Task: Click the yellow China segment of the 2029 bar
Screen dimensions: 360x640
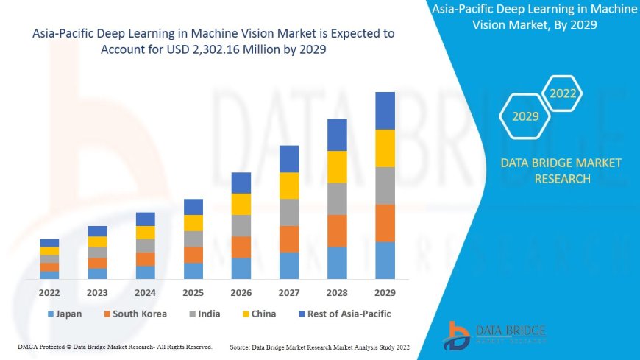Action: pos(385,148)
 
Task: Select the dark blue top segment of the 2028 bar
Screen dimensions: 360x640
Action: pos(337,135)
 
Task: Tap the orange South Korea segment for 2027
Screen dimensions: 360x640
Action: pos(289,239)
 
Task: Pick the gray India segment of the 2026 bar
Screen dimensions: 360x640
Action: pos(241,225)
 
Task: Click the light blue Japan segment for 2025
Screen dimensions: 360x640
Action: pos(193,271)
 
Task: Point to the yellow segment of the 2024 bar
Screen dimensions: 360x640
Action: pos(146,233)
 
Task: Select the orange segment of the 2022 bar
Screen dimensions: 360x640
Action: pos(49,267)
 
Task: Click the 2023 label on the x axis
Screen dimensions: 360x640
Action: pos(97,292)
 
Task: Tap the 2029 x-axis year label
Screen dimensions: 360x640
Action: pos(385,292)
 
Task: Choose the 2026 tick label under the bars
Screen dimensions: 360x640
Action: pos(241,292)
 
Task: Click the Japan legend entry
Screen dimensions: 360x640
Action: pos(64,314)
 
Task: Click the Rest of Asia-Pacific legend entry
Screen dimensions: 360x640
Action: pos(343,314)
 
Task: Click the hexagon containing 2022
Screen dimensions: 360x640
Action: pos(563,93)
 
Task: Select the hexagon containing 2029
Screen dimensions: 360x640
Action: pos(525,116)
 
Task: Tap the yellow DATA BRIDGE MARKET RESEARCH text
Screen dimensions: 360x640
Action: pos(561,171)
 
